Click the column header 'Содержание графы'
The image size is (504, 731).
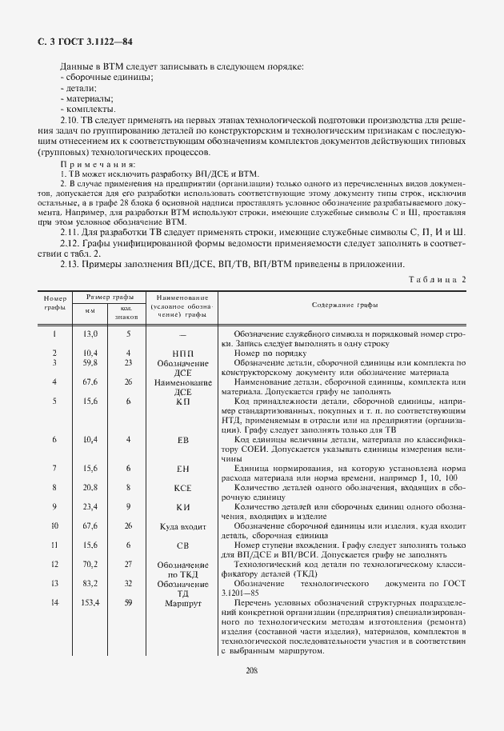[346, 306]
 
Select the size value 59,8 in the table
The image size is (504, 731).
[90, 362]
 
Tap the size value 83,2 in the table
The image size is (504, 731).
[90, 583]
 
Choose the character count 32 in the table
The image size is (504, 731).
[127, 583]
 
